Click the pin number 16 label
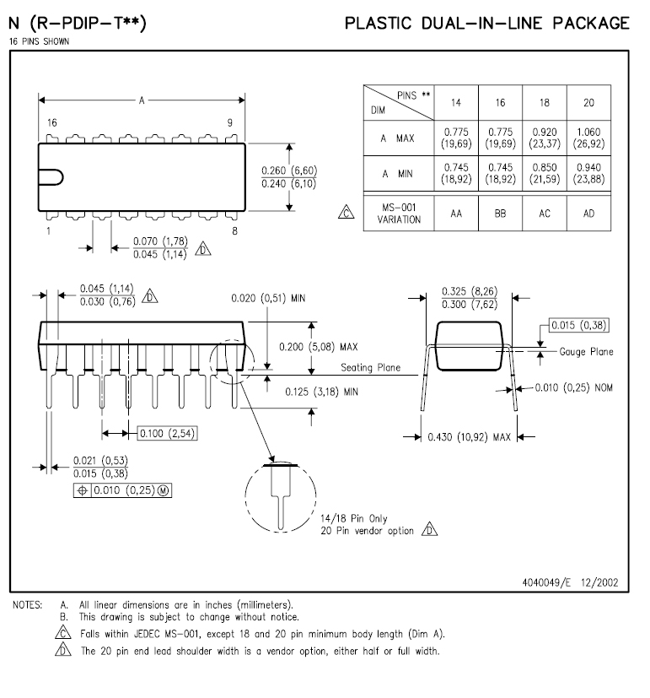pos(52,123)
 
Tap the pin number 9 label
pos(229,123)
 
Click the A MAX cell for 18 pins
pos(545,138)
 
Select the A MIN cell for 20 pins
pos(588,173)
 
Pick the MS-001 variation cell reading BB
pos(501,214)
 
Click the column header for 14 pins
pos(456,103)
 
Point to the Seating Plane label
pos(370,368)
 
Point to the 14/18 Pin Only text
pos(354,518)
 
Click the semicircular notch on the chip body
pos(51,176)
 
